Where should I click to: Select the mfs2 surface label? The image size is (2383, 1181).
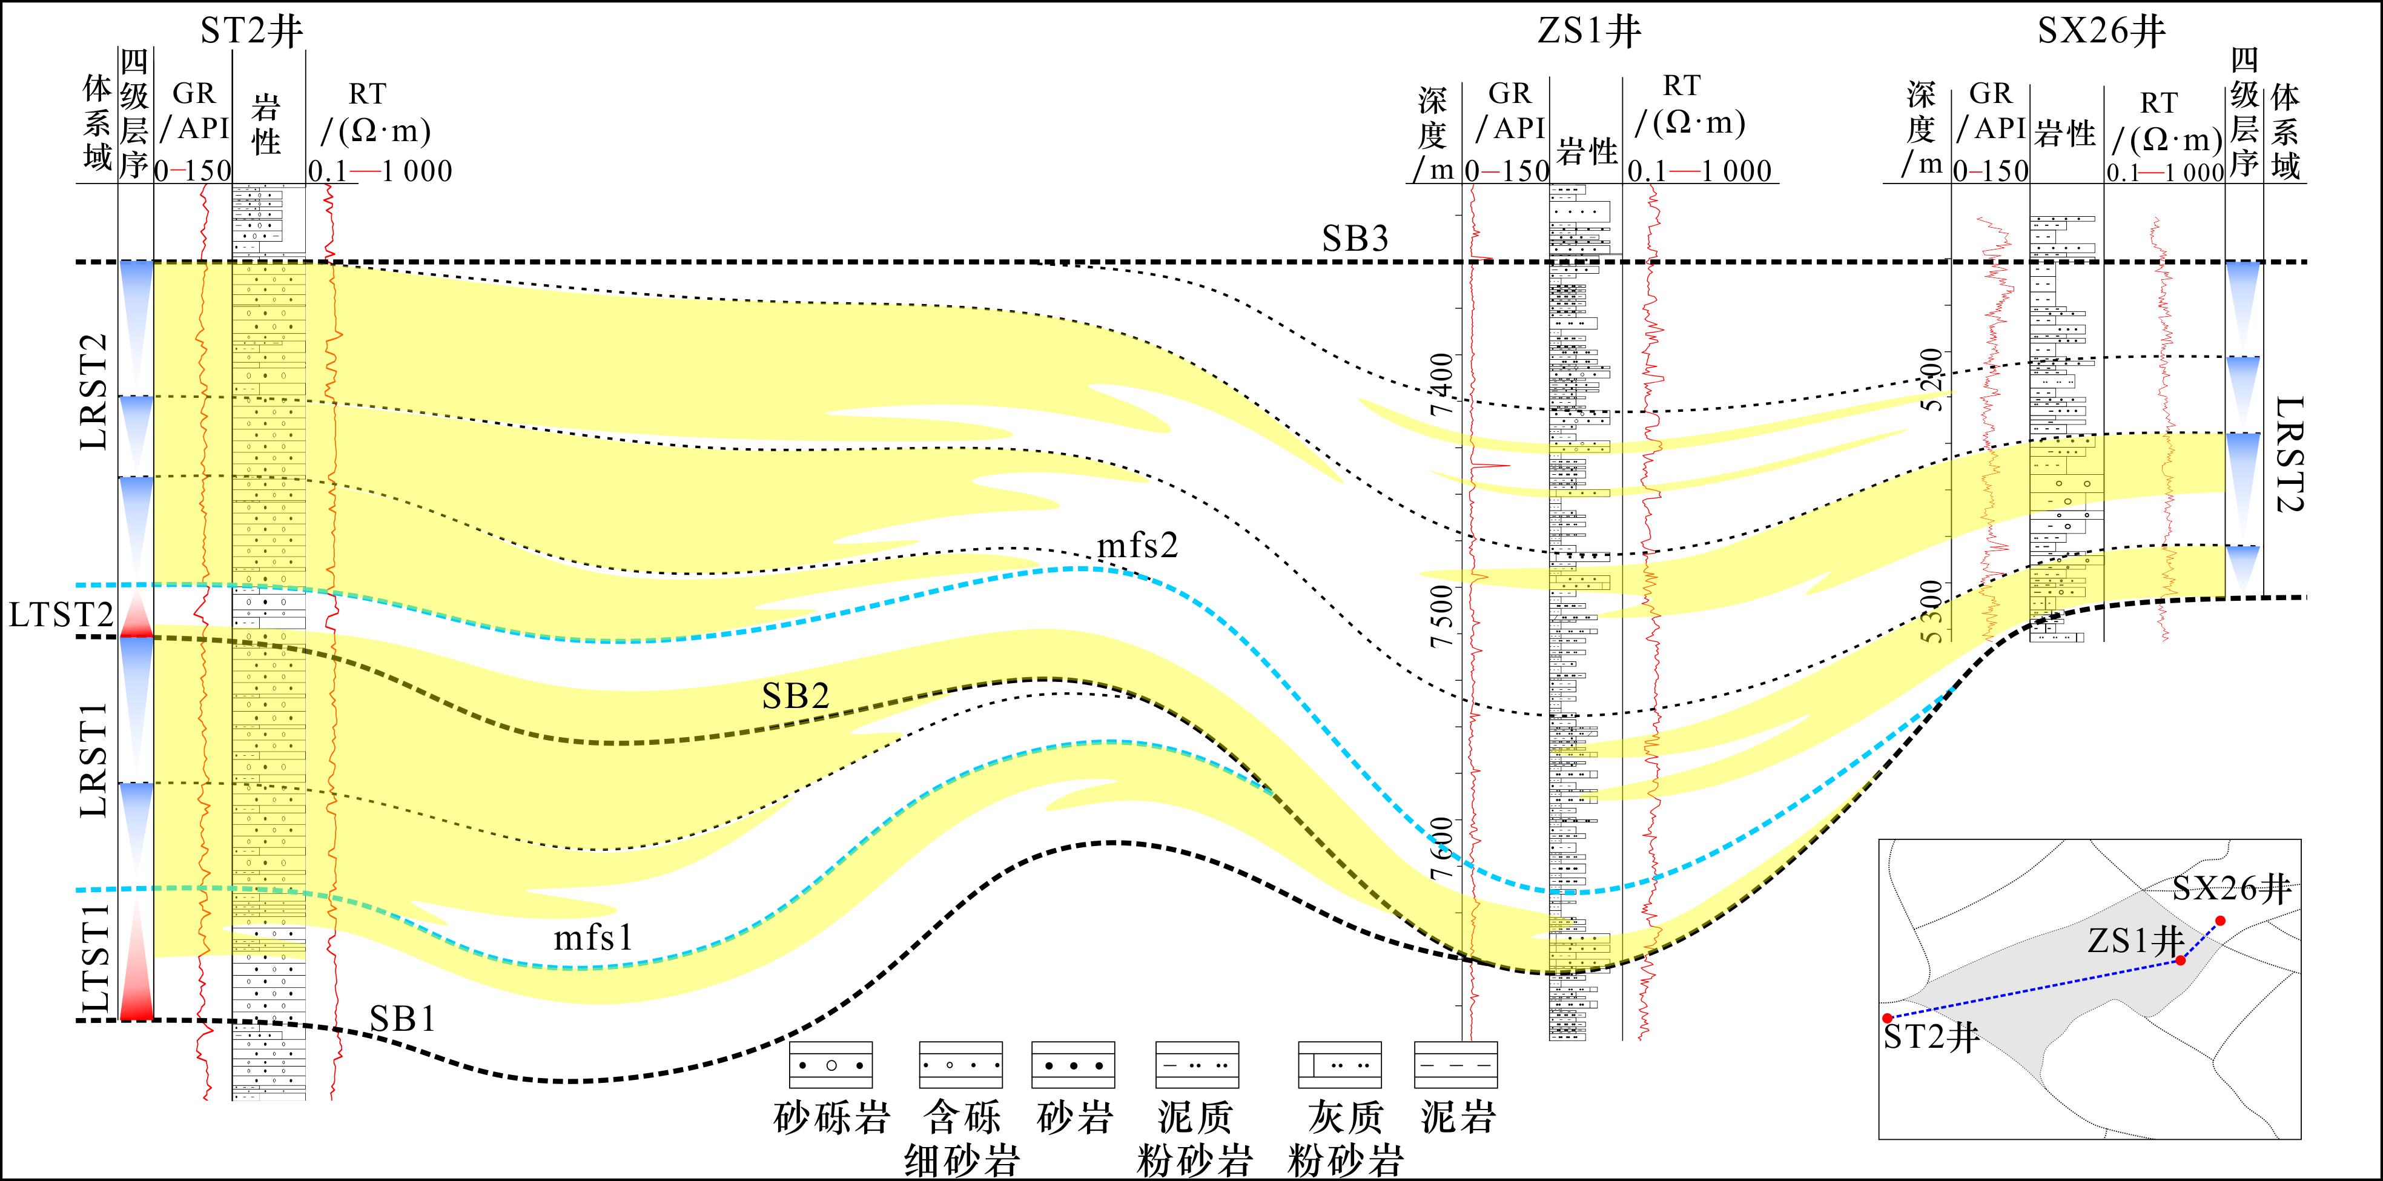(1138, 546)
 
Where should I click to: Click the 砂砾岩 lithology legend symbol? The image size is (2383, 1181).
(831, 1065)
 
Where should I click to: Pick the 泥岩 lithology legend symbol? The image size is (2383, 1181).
(1456, 1065)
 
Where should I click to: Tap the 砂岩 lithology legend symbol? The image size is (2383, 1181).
(1073, 1065)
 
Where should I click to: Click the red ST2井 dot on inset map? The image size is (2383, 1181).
(1887, 1018)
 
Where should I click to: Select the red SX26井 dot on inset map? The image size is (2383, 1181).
(2220, 921)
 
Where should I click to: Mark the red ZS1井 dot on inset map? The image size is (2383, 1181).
(2180, 961)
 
